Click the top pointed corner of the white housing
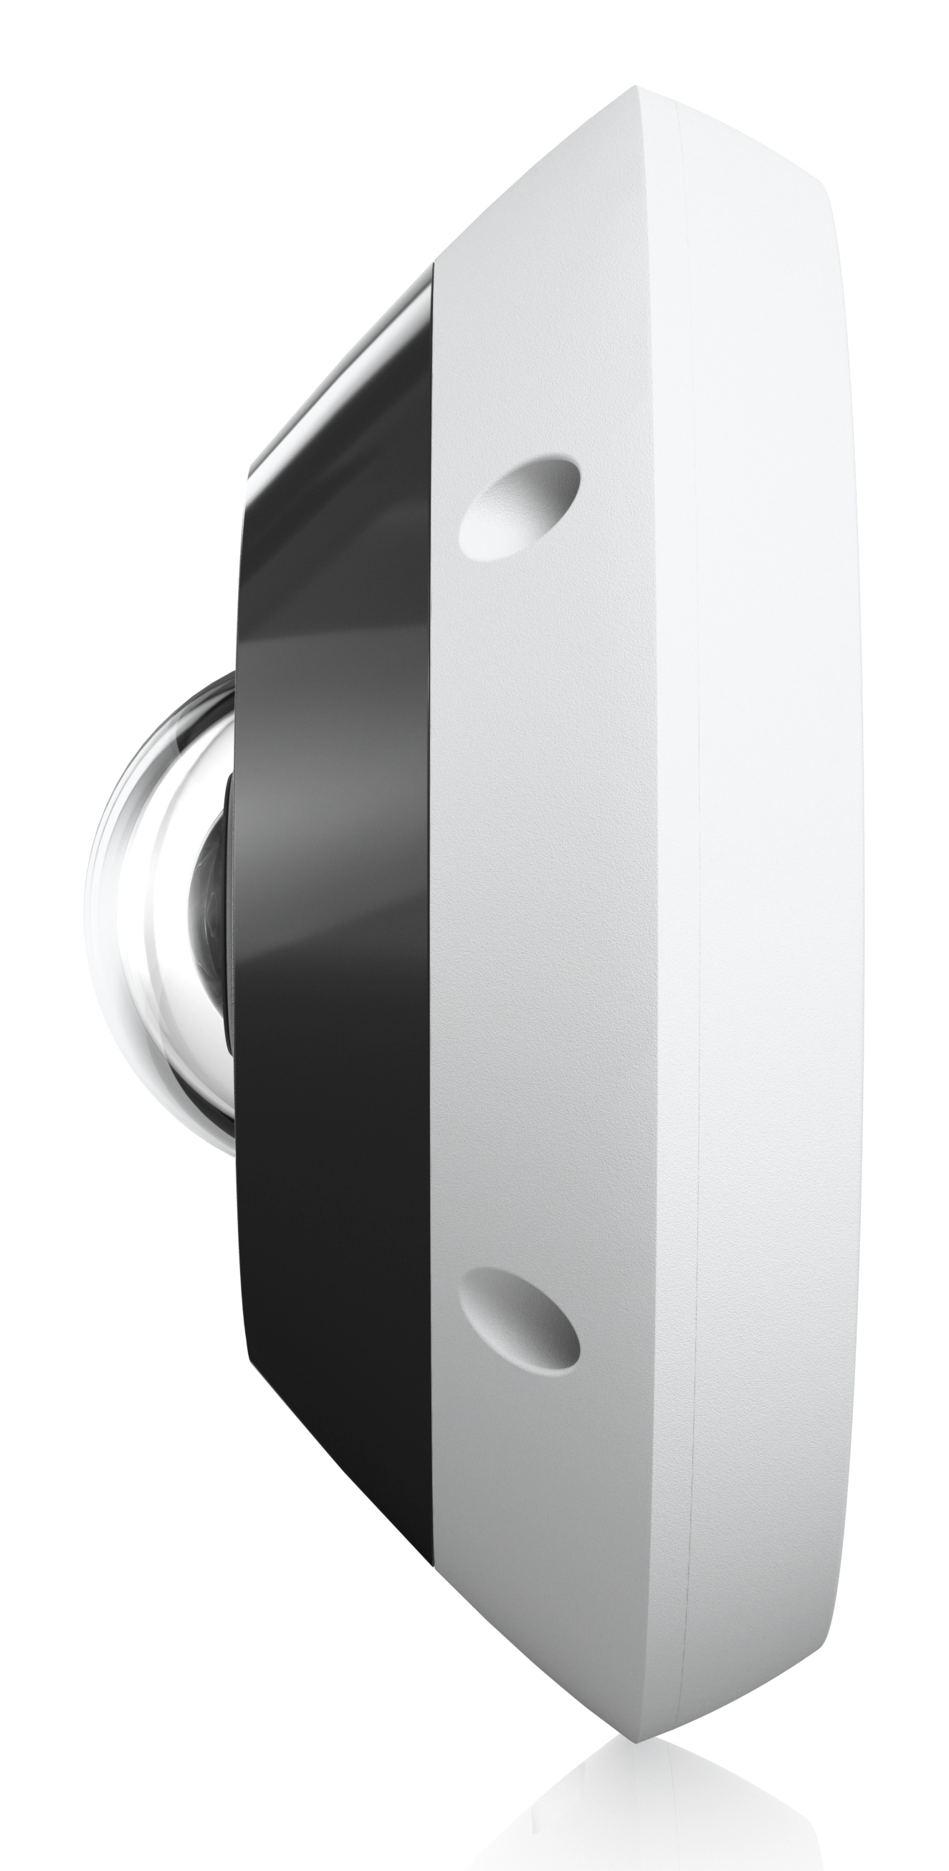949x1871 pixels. click(x=636, y=88)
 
